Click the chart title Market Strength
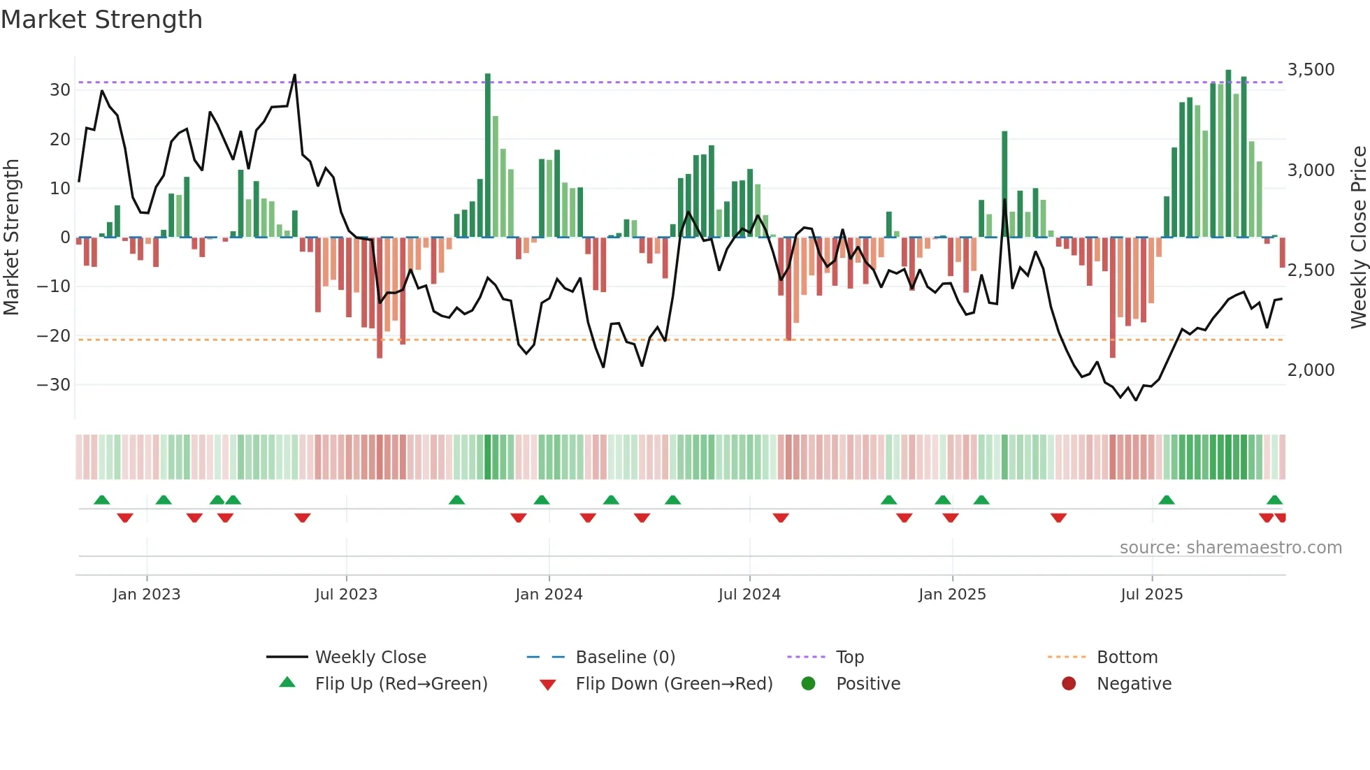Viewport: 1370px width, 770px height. click(x=101, y=20)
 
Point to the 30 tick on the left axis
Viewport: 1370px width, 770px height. click(x=60, y=90)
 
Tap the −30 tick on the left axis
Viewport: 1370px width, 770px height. click(x=55, y=385)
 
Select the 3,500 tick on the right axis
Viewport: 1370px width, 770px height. click(x=1311, y=70)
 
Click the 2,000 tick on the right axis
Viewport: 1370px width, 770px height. click(x=1311, y=370)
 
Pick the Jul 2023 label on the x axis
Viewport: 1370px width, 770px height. click(x=346, y=595)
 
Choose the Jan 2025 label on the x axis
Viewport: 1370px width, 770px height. click(x=952, y=595)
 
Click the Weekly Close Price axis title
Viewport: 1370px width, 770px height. click(x=1358, y=238)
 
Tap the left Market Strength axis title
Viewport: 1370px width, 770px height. click(x=12, y=238)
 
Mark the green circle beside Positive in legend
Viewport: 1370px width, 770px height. click(x=809, y=684)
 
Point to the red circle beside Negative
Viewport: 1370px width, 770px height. click(x=1069, y=684)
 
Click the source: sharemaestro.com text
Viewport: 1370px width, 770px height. click(x=1230, y=548)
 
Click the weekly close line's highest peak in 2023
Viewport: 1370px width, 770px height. click(x=295, y=75)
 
